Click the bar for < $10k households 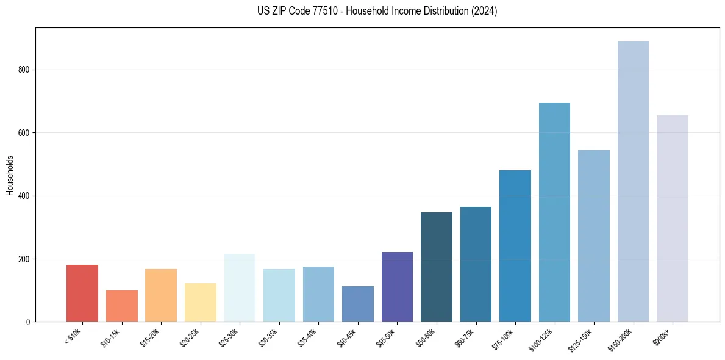(x=82, y=293)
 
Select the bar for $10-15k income (x=122, y=306)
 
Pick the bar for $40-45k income (x=358, y=304)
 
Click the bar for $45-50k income (x=397, y=287)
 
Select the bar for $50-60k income (x=437, y=267)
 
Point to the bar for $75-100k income (x=515, y=246)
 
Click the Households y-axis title (x=10, y=175)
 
